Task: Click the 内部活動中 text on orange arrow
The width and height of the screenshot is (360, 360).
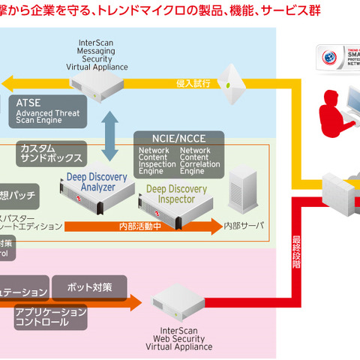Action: pyautogui.click(x=139, y=224)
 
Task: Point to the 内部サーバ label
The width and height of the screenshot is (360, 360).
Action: pyautogui.click(x=244, y=224)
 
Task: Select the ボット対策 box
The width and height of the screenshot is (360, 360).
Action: pyautogui.click(x=89, y=287)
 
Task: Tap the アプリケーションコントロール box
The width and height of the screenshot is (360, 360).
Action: pyautogui.click(x=51, y=316)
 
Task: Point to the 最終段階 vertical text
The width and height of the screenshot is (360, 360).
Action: pyautogui.click(x=297, y=248)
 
